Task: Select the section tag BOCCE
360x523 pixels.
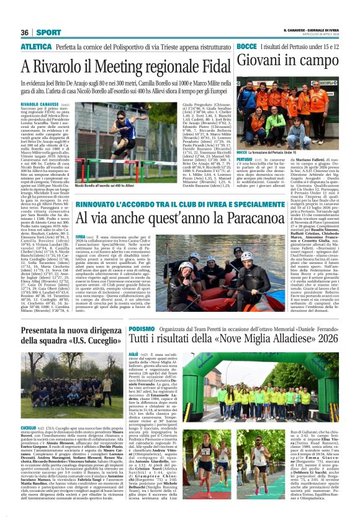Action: (x=246, y=47)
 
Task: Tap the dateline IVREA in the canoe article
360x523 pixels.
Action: (x=81, y=237)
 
